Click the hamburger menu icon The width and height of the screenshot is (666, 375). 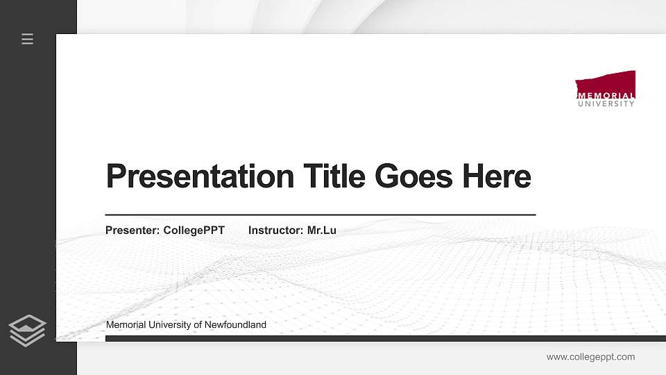tap(28, 39)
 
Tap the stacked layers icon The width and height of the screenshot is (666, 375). tap(28, 330)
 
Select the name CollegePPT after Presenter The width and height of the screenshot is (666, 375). tap(194, 231)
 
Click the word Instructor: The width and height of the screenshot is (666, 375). tap(275, 231)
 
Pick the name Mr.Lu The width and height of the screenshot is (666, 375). tap(322, 231)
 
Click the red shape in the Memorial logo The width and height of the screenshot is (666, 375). tap(606, 82)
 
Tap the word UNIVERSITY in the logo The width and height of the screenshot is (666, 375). tap(606, 104)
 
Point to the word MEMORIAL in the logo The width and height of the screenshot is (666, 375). tap(606, 96)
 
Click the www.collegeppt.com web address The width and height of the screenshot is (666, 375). tap(590, 357)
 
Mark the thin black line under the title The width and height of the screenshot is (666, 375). tap(320, 215)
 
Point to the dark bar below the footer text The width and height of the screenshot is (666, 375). tap(385, 339)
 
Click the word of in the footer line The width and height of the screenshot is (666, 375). tap(198, 325)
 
